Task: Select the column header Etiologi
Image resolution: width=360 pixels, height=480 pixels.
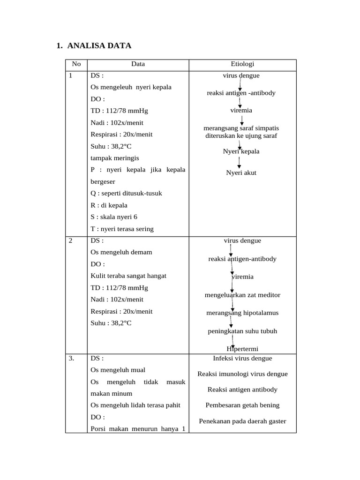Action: point(242,64)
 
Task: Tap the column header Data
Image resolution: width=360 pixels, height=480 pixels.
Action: point(138,64)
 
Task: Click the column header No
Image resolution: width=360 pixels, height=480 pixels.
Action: point(76,64)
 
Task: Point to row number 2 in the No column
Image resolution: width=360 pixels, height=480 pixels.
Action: point(71,240)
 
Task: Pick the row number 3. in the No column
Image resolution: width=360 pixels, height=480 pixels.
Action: point(72,358)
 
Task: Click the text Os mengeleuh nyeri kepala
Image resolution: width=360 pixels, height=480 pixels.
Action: point(131,87)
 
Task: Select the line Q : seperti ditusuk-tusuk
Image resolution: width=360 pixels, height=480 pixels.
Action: point(126,193)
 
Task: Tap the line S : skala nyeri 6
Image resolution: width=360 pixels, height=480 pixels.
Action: point(114,217)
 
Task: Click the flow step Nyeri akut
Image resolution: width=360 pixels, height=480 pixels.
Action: point(241,172)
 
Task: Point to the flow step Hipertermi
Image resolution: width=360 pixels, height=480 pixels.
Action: point(242,349)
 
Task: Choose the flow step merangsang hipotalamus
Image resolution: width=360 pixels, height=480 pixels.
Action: point(242,313)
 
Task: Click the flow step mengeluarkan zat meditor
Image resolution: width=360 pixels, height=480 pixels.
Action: point(242,295)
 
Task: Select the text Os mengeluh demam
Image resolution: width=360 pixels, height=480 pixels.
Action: point(121,252)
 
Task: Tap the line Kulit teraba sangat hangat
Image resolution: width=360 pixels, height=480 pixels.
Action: point(128,276)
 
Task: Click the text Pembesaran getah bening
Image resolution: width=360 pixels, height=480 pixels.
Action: point(242,405)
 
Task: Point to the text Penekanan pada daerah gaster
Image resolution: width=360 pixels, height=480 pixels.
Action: point(242,421)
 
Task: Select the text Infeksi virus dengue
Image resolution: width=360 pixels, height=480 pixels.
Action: point(242,358)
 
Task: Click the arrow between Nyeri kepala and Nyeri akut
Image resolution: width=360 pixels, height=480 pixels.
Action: point(240,162)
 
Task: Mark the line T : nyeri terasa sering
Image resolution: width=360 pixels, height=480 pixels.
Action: point(122,229)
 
